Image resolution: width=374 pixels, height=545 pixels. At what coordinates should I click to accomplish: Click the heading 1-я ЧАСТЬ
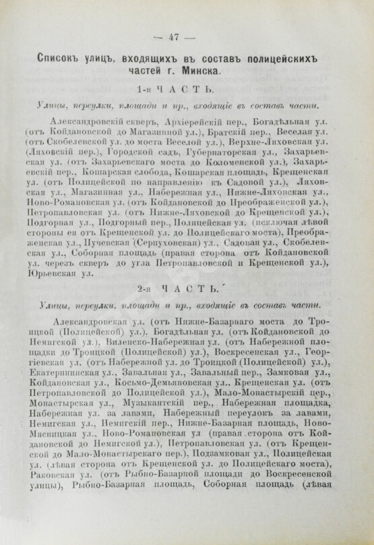point(183,90)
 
